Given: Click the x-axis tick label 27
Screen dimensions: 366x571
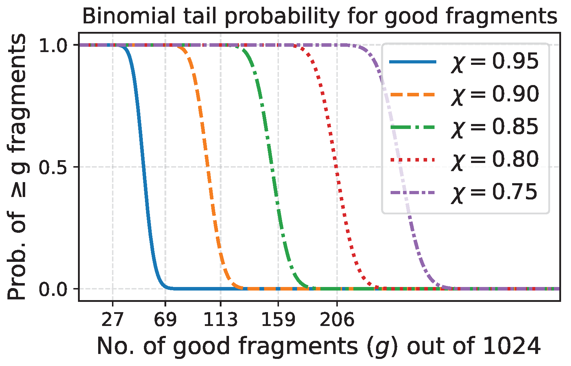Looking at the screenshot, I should click(x=112, y=320).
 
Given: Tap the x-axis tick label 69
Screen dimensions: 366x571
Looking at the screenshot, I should click(x=165, y=320).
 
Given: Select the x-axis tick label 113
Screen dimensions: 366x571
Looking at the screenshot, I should click(x=220, y=320).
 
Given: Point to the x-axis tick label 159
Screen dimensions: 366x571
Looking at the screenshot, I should click(x=278, y=320).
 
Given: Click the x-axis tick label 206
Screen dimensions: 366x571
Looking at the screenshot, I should click(x=337, y=320).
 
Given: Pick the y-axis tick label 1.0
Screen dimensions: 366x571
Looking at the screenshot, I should click(x=53, y=46).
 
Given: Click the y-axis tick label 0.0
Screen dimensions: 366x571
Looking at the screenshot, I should click(x=53, y=289).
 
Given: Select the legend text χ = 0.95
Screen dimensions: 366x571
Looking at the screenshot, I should click(x=495, y=62).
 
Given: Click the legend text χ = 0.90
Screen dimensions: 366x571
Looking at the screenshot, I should click(x=495, y=95).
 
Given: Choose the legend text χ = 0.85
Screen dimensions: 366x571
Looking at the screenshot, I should click(x=495, y=127).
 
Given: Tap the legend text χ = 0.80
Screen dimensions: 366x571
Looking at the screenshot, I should click(x=495, y=160).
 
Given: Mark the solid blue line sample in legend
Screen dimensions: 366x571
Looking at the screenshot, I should click(x=413, y=62).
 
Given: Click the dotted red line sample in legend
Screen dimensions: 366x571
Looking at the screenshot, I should click(x=413, y=160).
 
